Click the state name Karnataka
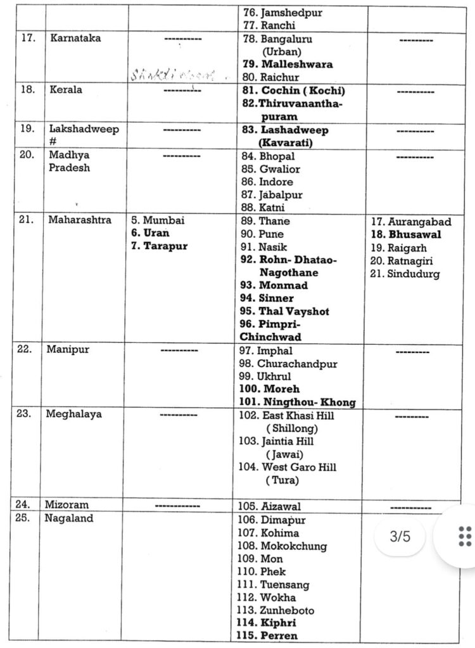75,38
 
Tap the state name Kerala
66,90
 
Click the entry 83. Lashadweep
294,130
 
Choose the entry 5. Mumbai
158,221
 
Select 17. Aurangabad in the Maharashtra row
411,222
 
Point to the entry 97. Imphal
274,351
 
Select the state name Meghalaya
73,414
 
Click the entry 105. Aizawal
278,506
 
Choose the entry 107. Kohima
277,533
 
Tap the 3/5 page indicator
400,537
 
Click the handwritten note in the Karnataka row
172,75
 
